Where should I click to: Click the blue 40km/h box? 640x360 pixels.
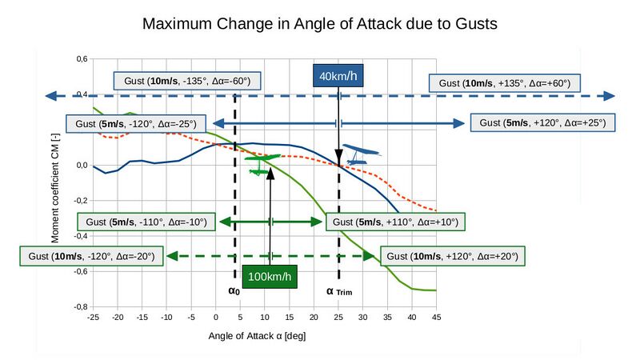(x=338, y=75)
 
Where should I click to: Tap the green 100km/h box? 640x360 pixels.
(x=270, y=277)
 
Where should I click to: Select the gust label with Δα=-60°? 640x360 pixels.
(x=187, y=81)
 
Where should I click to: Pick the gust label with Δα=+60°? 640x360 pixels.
(x=505, y=83)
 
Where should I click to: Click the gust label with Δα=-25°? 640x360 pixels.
(x=136, y=124)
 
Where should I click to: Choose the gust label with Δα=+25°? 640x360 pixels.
(x=542, y=123)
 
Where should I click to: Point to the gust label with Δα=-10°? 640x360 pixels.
(x=146, y=222)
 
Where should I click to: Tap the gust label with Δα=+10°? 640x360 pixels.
(x=395, y=222)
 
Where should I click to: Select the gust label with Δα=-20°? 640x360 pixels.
(x=91, y=256)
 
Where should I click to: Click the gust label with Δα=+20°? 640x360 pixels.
(x=452, y=256)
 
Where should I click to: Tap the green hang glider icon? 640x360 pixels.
(x=262, y=165)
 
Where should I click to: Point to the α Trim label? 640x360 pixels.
(x=339, y=291)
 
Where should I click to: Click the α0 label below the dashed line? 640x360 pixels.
(x=234, y=291)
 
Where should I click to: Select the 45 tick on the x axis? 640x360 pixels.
(x=436, y=317)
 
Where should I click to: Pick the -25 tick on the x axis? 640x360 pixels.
(x=93, y=317)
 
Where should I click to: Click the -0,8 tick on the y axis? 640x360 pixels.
(x=81, y=306)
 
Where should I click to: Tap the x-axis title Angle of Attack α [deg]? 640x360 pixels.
(x=257, y=336)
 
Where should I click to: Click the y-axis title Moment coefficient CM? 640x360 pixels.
(x=55, y=188)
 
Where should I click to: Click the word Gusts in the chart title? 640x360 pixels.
(x=476, y=24)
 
